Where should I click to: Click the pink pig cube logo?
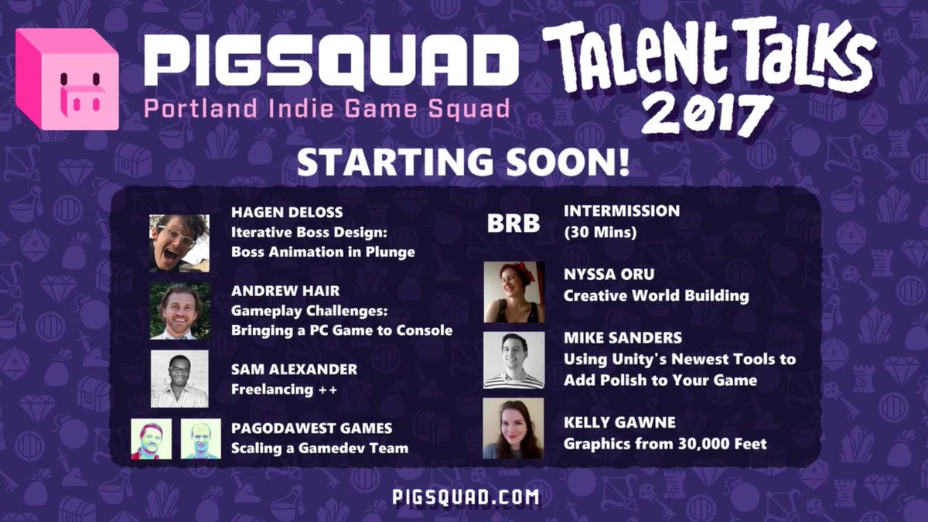click(x=67, y=80)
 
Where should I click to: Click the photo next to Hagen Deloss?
click(x=179, y=242)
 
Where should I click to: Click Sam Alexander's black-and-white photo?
click(x=179, y=378)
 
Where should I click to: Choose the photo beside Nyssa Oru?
click(x=513, y=292)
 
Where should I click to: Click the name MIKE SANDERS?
click(x=623, y=339)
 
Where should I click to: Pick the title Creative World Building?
click(x=656, y=295)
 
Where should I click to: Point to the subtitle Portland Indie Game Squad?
click(x=327, y=108)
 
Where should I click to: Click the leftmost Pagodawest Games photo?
click(x=151, y=438)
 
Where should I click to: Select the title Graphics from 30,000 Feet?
click(x=665, y=444)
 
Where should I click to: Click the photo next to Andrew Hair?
click(x=179, y=310)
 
